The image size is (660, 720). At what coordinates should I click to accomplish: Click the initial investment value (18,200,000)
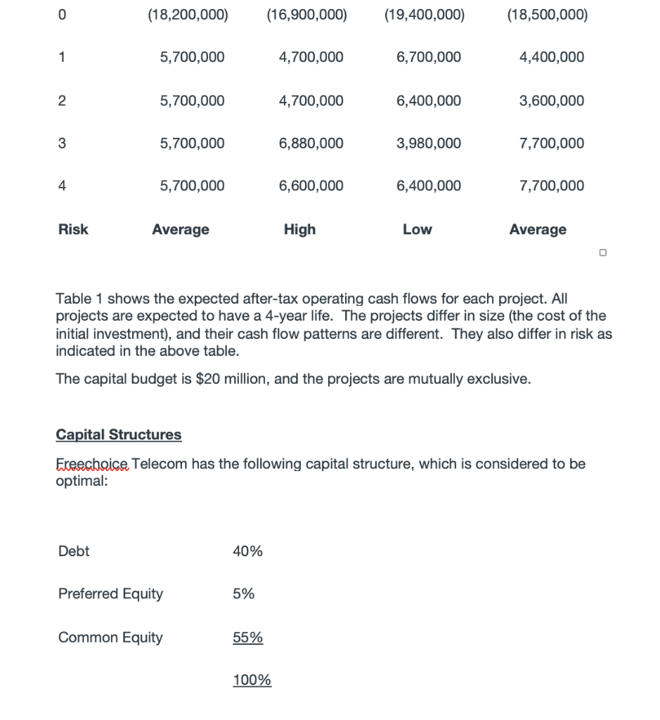188,15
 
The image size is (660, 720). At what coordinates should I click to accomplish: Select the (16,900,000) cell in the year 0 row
307,15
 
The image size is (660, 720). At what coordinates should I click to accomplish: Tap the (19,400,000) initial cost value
425,15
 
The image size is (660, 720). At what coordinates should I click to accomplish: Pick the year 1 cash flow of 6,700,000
429,57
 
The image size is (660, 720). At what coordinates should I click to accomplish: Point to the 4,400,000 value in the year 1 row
551,57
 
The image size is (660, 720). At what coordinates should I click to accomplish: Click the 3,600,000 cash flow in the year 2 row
551,101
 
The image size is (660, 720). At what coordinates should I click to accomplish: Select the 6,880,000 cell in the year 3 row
311,143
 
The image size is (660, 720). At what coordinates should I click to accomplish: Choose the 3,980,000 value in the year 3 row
429,143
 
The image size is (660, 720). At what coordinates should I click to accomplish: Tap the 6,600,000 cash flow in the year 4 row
311,186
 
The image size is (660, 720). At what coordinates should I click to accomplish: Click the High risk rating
300,229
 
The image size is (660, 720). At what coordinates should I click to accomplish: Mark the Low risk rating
418,229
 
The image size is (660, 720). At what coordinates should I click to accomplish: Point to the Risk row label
73,229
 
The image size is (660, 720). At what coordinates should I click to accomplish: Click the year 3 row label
62,143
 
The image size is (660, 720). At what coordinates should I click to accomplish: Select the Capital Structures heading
118,435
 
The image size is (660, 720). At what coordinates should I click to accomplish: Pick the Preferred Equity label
110,594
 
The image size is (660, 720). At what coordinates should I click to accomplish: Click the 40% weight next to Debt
247,552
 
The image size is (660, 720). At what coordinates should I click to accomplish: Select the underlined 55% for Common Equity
247,638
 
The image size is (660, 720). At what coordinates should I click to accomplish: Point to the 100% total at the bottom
252,681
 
